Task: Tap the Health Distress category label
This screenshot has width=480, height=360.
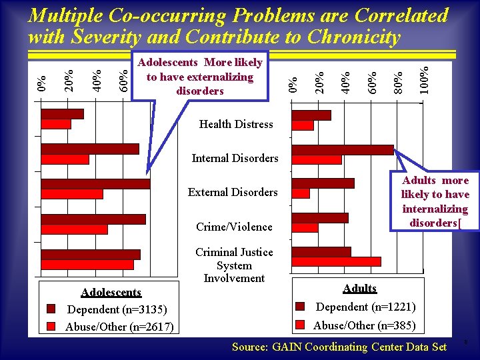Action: click(236, 124)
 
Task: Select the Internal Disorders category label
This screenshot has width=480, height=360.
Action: click(235, 158)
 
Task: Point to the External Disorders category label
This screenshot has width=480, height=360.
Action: click(233, 192)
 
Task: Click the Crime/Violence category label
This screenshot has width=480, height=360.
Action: click(234, 227)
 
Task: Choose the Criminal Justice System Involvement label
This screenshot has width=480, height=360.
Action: click(234, 265)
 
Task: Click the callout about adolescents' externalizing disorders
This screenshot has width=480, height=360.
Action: click(200, 77)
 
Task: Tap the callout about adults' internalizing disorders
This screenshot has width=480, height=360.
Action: click(435, 201)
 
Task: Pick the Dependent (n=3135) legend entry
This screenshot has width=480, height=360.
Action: click(117, 309)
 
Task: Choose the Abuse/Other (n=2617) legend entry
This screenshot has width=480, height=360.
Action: click(119, 327)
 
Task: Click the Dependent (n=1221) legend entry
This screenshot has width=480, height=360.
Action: click(365, 307)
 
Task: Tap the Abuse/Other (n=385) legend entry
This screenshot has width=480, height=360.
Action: click(364, 325)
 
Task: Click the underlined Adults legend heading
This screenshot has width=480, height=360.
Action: click(360, 289)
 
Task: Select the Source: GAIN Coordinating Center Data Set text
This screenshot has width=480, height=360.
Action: click(339, 347)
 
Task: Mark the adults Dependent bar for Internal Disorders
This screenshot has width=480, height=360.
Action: click(343, 150)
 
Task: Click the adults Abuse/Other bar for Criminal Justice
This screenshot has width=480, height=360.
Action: click(336, 261)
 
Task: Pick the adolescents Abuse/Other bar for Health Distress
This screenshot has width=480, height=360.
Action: click(56, 124)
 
